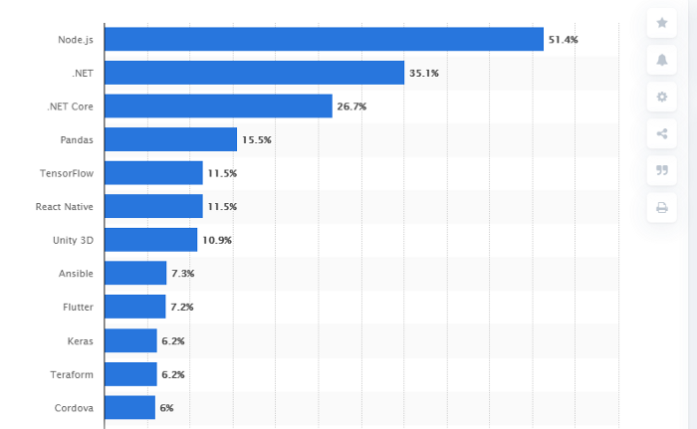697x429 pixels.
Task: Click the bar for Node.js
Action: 324,39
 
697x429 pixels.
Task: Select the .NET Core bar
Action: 218,106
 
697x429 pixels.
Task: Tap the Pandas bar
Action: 170,139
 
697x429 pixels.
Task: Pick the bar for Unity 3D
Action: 150,240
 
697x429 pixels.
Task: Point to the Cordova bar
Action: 129,407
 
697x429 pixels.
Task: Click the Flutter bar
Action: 134,307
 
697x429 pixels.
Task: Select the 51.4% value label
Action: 563,40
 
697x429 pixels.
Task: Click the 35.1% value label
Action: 423,73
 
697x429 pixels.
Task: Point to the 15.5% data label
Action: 256,140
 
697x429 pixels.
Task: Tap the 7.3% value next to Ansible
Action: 182,274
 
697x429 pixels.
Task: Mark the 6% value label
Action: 166,408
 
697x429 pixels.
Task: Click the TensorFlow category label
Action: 67,173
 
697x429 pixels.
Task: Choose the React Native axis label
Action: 65,206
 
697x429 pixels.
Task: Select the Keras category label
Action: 80,340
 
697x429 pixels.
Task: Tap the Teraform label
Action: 72,374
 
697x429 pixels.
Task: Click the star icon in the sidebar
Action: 661,23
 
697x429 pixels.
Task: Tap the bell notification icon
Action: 661,60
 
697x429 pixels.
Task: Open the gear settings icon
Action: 661,97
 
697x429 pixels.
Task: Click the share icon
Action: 661,133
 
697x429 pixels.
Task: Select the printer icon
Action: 661,207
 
